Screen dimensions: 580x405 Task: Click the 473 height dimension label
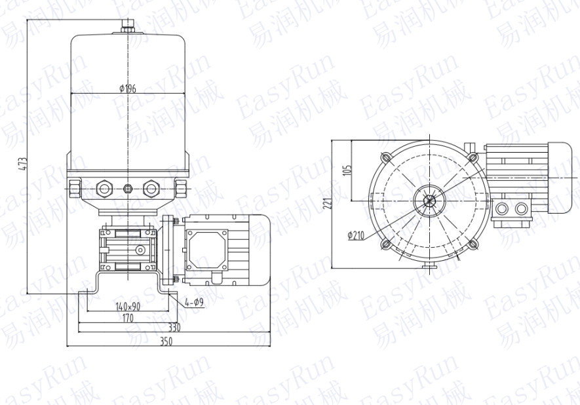[24, 164]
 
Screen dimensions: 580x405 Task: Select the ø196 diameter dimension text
[128, 88]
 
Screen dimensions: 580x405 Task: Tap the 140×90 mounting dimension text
[128, 307]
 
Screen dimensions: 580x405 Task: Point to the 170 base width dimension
[128, 318]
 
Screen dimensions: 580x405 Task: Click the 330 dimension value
[174, 328]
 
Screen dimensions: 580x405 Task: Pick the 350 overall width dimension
[166, 341]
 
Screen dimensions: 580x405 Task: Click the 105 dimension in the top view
[347, 170]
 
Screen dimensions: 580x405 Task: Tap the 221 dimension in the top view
[327, 203]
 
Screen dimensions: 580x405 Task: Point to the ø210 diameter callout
[357, 235]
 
